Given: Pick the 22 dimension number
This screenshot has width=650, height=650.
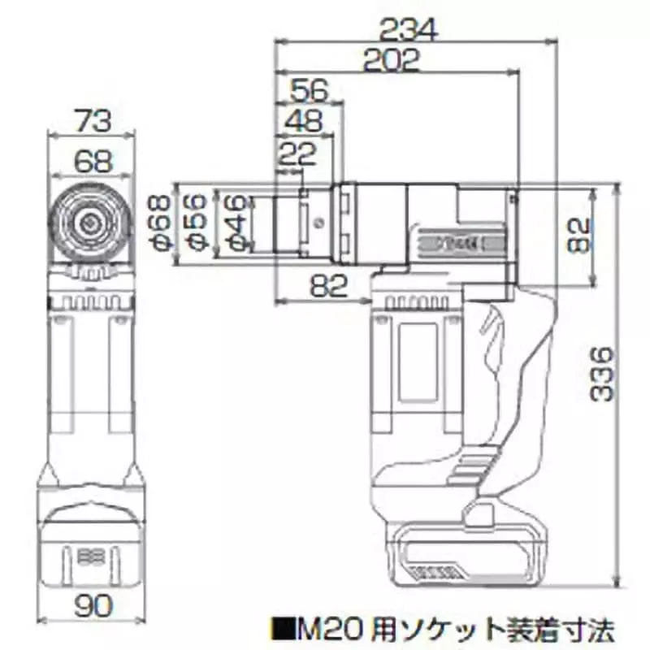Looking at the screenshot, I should [x=297, y=153].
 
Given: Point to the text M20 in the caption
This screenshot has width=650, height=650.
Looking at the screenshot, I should [x=320, y=628].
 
